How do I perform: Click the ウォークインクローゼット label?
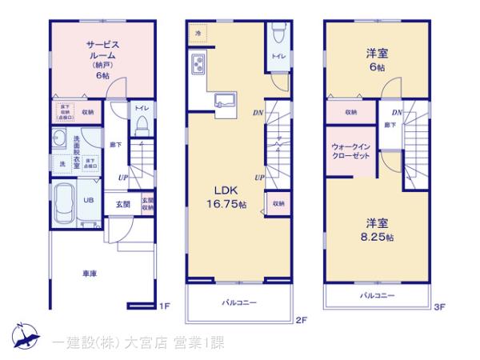pos(350,152)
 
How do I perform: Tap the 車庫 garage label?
pos(90,274)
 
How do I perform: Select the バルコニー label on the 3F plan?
pos(374,296)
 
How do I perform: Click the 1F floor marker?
pos(164,306)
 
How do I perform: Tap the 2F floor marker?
pos(301,321)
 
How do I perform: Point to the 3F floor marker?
pos(438,306)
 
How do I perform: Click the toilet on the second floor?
pos(276,34)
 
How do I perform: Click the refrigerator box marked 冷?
pos(198,34)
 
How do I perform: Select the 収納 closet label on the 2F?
pos(278,204)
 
